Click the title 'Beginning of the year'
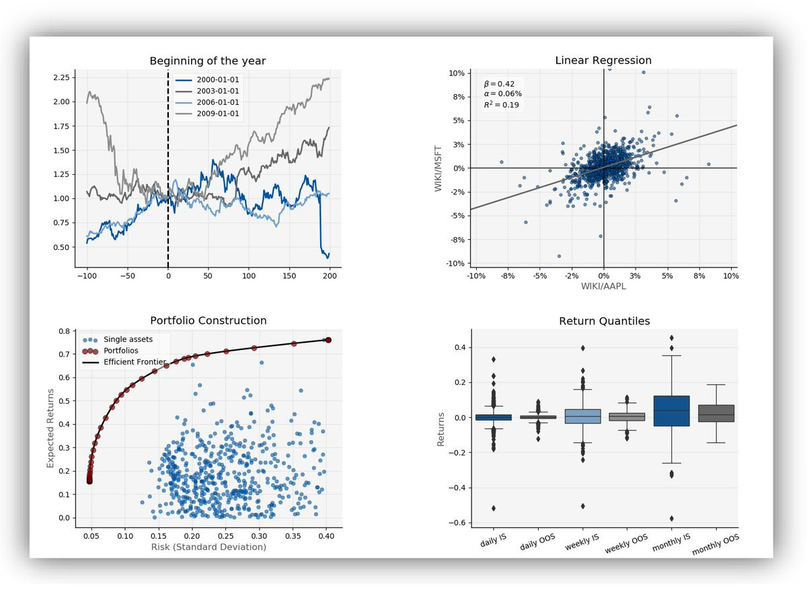click(207, 61)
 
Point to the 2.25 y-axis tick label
click(61, 78)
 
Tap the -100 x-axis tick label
click(86, 275)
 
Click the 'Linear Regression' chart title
click(603, 60)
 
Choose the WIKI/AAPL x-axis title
click(603, 286)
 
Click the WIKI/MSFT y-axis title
click(441, 168)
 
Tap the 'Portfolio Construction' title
click(208, 320)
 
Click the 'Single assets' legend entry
click(128, 339)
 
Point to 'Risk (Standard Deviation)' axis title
click(208, 547)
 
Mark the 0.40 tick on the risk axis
click(326, 536)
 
